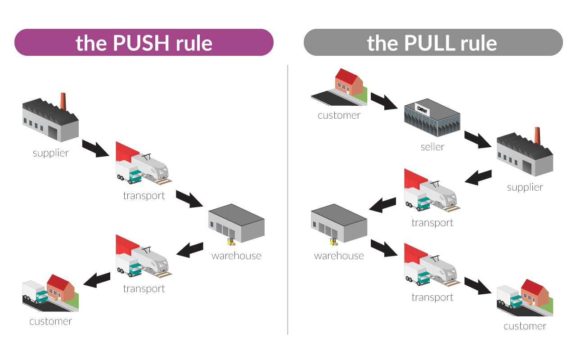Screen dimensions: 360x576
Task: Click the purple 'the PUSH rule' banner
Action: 144,42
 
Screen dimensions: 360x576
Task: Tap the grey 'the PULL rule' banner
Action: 433,42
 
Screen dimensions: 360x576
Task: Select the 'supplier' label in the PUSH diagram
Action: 51,153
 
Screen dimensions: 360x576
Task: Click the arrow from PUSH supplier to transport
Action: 96,148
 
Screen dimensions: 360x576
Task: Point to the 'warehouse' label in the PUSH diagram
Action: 236,256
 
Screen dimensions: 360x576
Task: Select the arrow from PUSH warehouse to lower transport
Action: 190,249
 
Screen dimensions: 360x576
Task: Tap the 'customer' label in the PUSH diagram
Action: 51,321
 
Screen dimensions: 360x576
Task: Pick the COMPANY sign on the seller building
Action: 423,109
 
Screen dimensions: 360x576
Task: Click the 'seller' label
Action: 432,147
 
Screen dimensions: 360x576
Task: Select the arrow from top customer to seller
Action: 384,102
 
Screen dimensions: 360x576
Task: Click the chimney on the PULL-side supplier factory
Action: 537,136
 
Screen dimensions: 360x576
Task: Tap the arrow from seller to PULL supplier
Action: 478,139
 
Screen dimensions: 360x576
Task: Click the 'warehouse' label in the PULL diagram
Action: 339,256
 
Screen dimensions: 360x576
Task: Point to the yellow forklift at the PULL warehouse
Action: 334,242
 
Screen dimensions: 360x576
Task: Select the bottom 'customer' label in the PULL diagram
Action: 525,326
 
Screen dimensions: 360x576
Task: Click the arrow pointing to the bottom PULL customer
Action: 478,286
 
